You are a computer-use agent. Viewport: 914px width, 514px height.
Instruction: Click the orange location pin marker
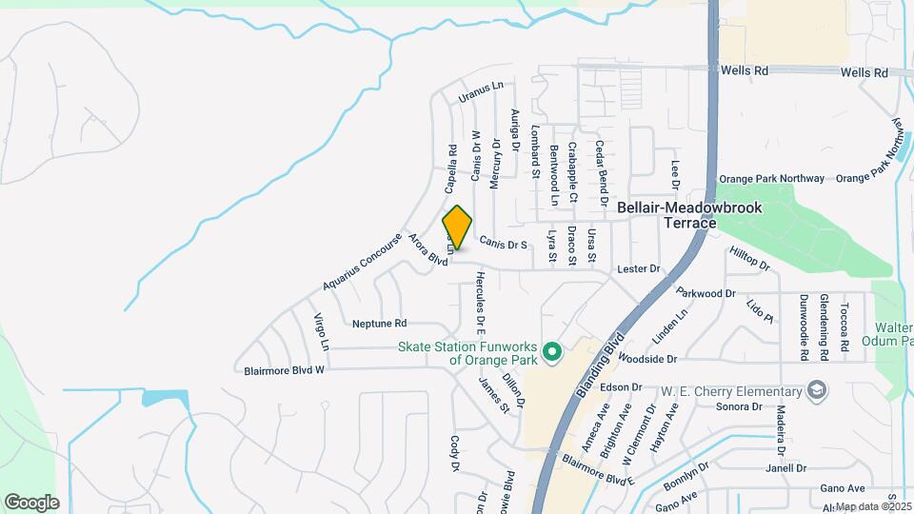point(457,227)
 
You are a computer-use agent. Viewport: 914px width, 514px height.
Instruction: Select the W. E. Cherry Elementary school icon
point(816,391)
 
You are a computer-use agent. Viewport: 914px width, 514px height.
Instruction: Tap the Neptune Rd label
point(379,324)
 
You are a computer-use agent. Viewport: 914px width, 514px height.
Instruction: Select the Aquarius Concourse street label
point(363,261)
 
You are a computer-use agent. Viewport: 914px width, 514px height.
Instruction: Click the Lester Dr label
point(638,269)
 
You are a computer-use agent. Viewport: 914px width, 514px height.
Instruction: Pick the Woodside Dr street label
point(646,359)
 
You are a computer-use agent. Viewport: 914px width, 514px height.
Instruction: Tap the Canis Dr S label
point(503,245)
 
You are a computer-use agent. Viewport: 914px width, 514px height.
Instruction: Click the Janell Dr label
point(785,468)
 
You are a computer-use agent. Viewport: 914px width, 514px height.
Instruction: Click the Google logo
point(31,503)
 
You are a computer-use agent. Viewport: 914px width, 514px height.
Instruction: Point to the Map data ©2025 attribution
point(873,506)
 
